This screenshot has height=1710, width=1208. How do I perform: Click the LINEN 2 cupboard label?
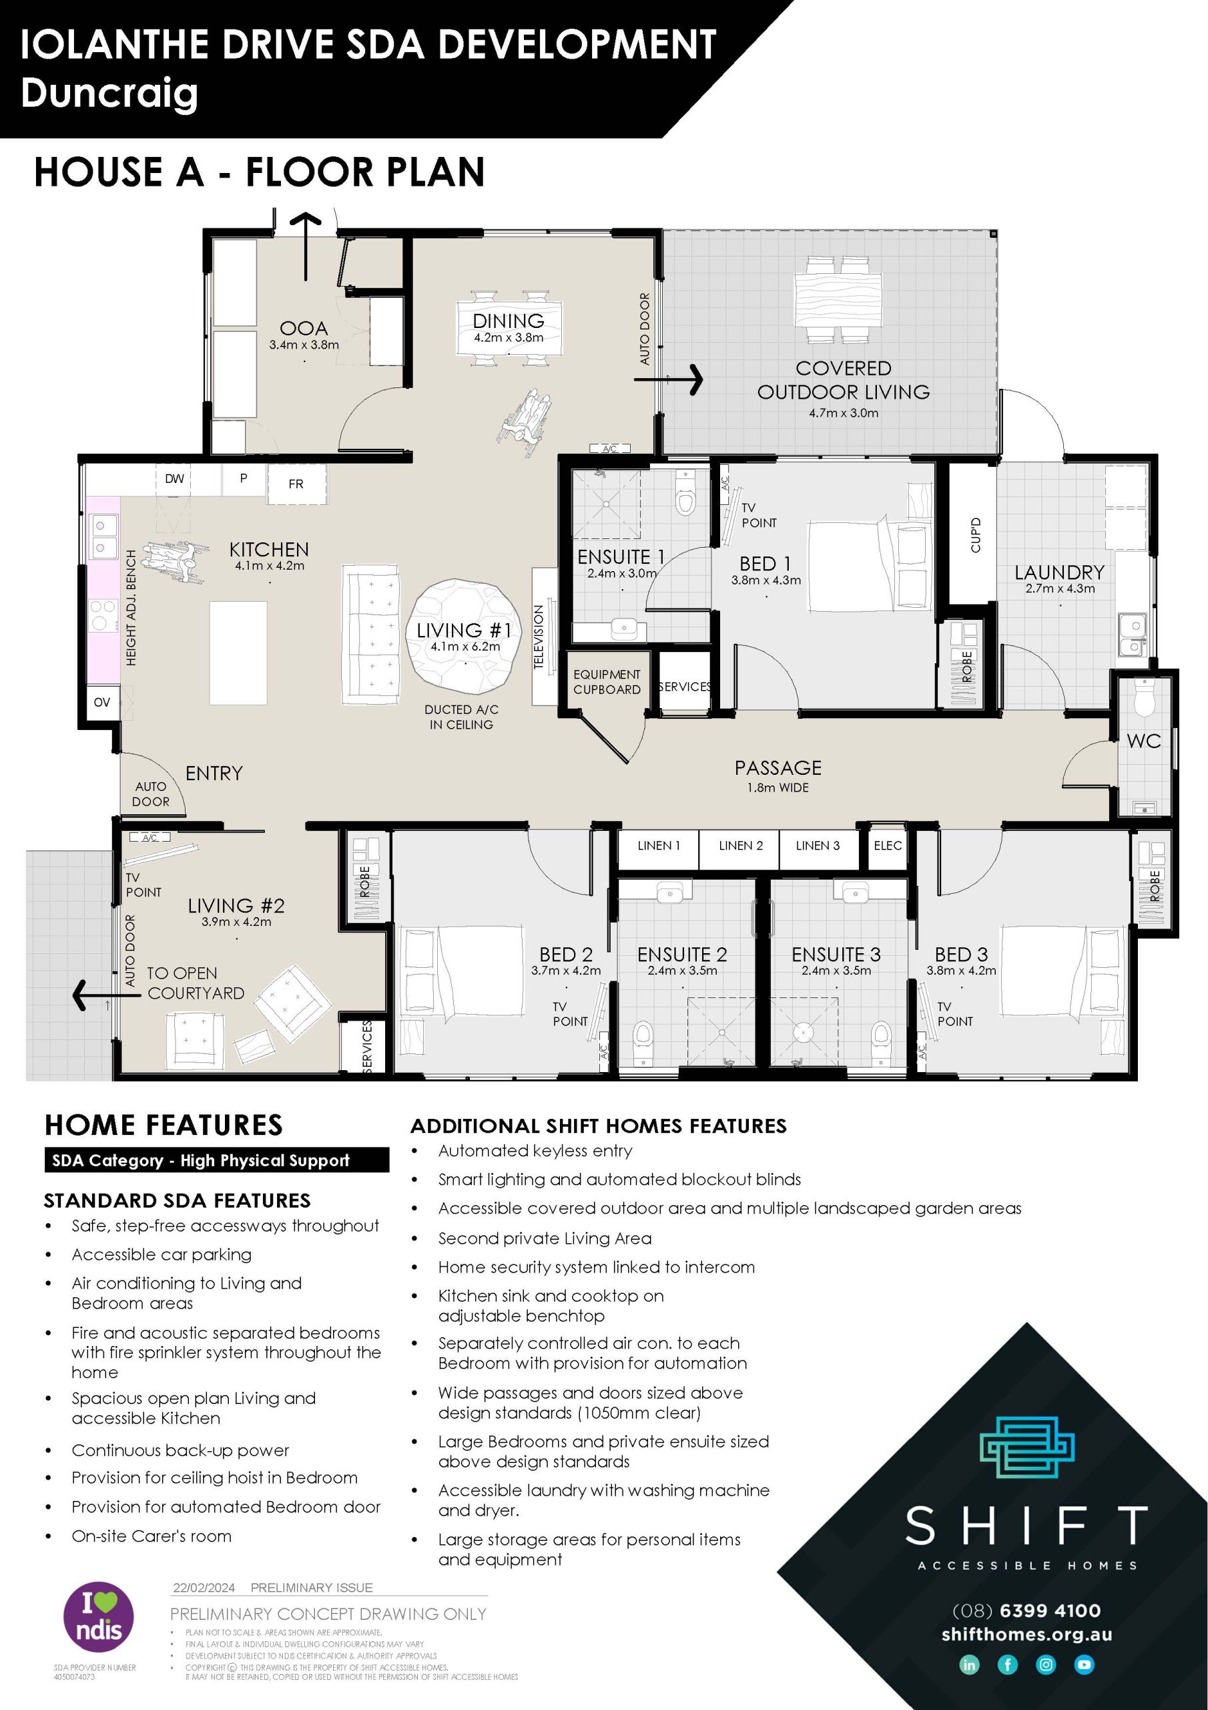click(x=740, y=846)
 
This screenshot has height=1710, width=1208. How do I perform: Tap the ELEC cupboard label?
click(x=887, y=846)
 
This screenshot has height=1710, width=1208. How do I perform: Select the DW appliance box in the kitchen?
click(x=174, y=479)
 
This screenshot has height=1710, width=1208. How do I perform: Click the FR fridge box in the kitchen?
click(x=296, y=484)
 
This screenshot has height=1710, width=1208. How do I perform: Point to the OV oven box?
click(x=102, y=702)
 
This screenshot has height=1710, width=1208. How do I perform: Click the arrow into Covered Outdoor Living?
click(x=670, y=379)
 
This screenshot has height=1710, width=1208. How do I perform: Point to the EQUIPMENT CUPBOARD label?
click(x=607, y=682)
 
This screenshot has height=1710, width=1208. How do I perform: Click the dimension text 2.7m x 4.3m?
click(x=1060, y=588)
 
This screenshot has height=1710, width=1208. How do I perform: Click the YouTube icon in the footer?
click(x=1084, y=1665)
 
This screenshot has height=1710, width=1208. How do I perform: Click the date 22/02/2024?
click(x=204, y=1587)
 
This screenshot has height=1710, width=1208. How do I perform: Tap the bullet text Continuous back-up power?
click(x=180, y=1450)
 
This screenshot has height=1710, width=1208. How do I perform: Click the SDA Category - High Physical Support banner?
click(x=216, y=1160)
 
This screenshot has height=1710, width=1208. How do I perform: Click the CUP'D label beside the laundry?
click(x=976, y=535)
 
